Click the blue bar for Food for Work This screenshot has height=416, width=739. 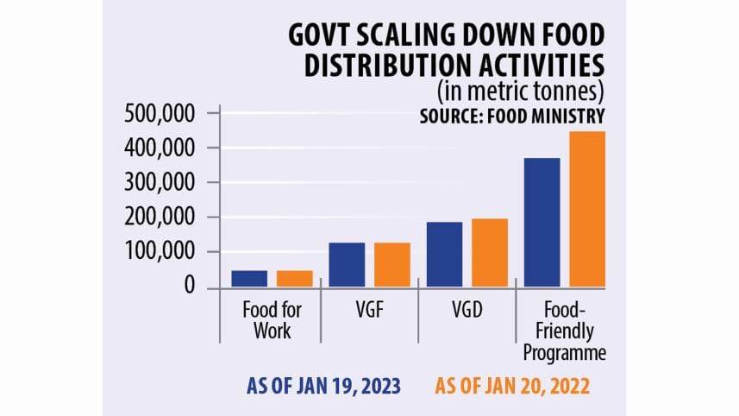click(249, 279)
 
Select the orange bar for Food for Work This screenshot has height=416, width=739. click(295, 279)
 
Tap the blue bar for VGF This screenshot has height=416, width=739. click(347, 265)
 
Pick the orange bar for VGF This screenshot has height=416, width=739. click(392, 265)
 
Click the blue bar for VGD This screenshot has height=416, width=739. click(444, 255)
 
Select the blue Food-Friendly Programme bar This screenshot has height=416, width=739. click(542, 223)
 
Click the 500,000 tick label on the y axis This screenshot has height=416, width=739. click(161, 114)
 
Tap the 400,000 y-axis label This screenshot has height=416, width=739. click(161, 148)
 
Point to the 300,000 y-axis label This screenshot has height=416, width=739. click(161, 183)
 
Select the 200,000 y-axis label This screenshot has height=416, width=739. click(161, 217)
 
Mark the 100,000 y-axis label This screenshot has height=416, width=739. click(161, 252)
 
